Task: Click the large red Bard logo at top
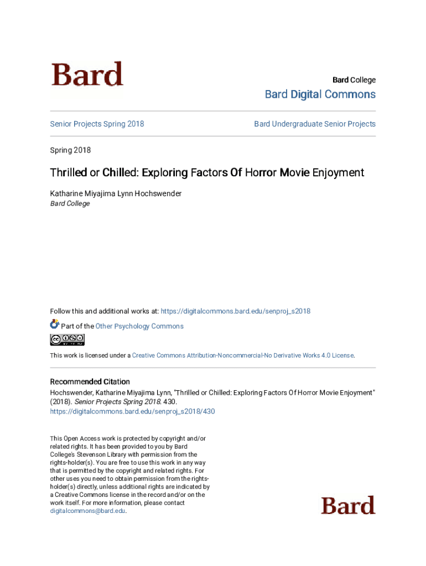pos(87,75)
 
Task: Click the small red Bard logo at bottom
pos(348,505)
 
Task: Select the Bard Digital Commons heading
pos(320,95)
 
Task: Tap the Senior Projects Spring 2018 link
pos(97,124)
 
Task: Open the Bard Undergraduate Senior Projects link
pos(315,124)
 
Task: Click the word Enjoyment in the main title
pos(338,172)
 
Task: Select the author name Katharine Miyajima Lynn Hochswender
pos(116,193)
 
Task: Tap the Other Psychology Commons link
pos(139,326)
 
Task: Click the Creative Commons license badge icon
pos(67,339)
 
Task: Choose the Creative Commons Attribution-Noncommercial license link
pos(242,355)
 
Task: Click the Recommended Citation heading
pos(90,381)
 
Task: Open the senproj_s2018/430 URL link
pos(132,411)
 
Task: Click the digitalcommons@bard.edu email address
pos(87,511)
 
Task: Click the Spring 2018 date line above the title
pos(70,150)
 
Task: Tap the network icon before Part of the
pos(54,325)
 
